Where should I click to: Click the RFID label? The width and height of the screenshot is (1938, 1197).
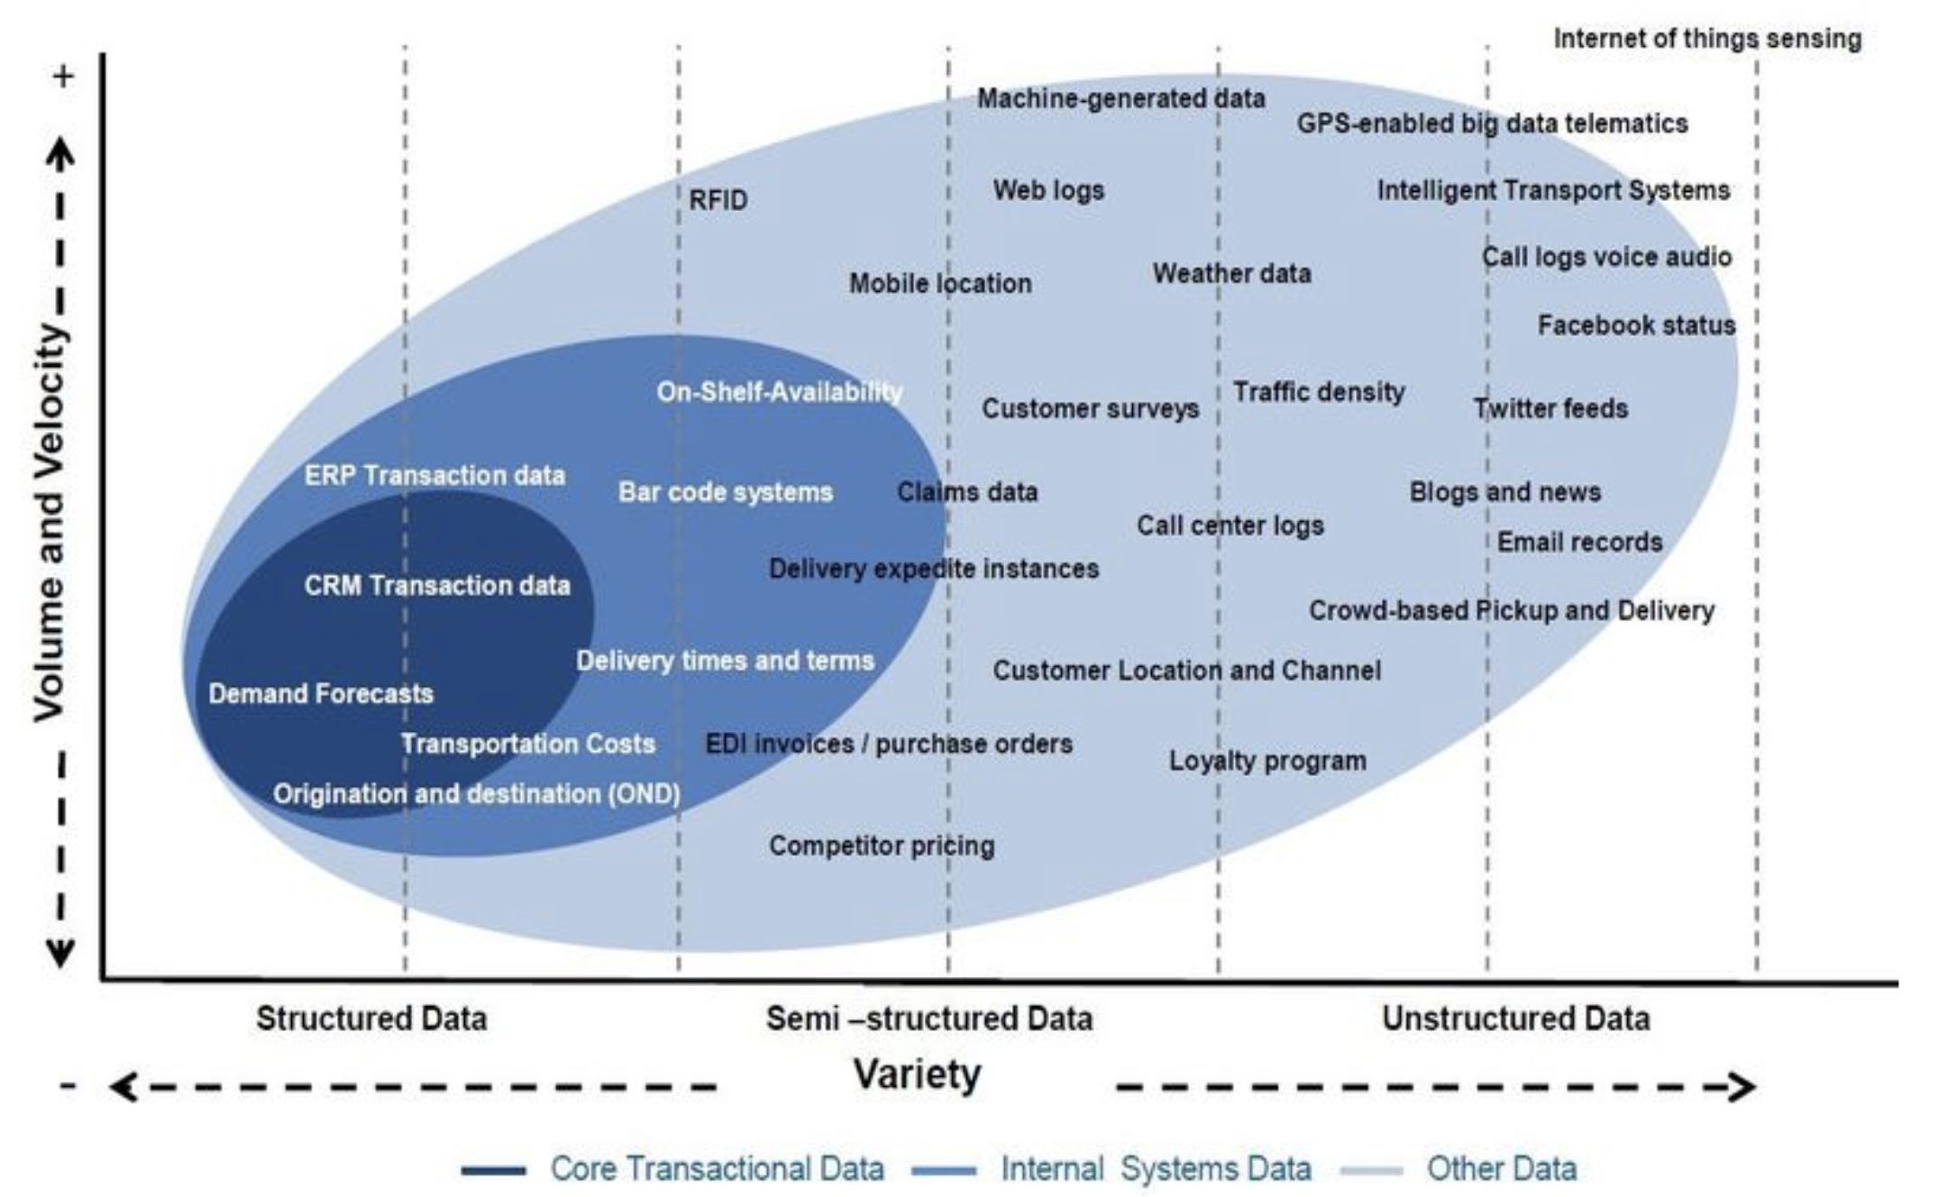click(718, 199)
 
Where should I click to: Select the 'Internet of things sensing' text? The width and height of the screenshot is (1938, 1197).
click(1707, 39)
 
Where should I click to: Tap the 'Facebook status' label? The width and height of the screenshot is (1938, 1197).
click(1636, 324)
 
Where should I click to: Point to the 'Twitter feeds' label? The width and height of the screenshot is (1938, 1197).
click(1550, 408)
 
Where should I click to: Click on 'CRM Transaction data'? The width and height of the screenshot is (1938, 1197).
click(437, 586)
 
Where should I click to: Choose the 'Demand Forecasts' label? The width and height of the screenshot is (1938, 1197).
click(321, 693)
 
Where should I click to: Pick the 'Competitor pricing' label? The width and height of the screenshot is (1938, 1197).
click(882, 845)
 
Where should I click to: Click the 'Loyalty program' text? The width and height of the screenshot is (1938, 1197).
click(1267, 761)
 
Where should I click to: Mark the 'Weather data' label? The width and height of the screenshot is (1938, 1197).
click(1231, 273)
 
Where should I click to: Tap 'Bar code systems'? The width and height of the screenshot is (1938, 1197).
click(726, 492)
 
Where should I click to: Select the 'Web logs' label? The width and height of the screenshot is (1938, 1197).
click(1048, 190)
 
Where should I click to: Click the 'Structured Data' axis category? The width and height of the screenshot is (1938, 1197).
click(371, 1019)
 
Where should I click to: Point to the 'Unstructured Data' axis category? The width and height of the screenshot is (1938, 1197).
click(1516, 1019)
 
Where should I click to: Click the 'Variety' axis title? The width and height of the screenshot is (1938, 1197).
click(917, 1074)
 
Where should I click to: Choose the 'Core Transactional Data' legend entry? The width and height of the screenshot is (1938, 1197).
click(717, 1168)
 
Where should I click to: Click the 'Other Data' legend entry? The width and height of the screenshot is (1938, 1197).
click(1502, 1168)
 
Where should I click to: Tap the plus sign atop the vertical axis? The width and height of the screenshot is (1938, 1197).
click(62, 77)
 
